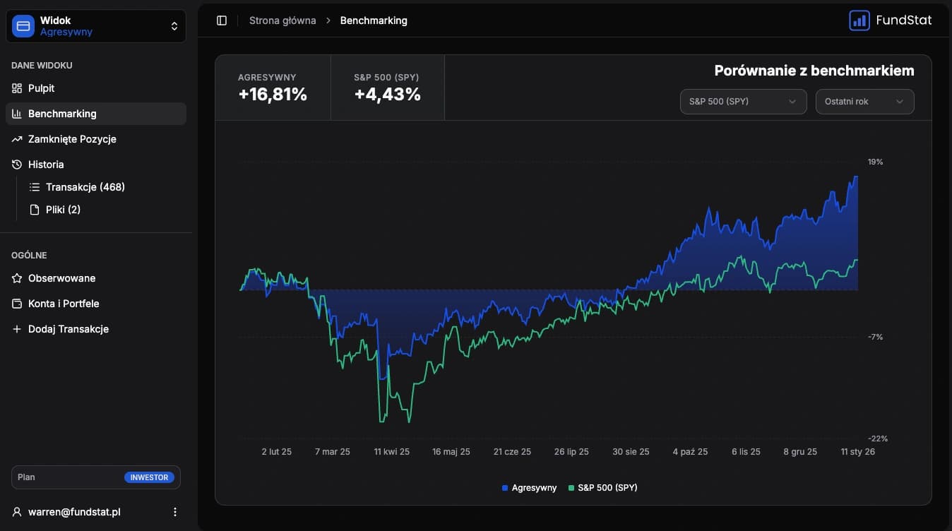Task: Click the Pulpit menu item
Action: (x=41, y=88)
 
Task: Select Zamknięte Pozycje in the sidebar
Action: (x=72, y=139)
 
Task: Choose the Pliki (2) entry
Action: (x=63, y=210)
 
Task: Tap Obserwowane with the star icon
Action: (x=61, y=278)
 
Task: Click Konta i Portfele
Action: (x=64, y=304)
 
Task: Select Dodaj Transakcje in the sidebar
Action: (x=68, y=329)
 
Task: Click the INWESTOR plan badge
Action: (x=149, y=477)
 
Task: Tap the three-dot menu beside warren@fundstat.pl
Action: (x=175, y=512)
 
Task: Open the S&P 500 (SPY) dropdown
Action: (x=743, y=102)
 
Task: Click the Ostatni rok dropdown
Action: (x=864, y=102)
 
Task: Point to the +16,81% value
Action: (x=273, y=95)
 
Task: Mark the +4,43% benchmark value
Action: (x=388, y=95)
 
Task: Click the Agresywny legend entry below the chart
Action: (x=529, y=488)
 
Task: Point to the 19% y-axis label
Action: (x=875, y=162)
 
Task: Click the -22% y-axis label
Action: (x=877, y=438)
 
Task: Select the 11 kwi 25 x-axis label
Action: (x=391, y=452)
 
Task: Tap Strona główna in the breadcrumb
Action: (x=282, y=20)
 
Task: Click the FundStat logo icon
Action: (x=859, y=20)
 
